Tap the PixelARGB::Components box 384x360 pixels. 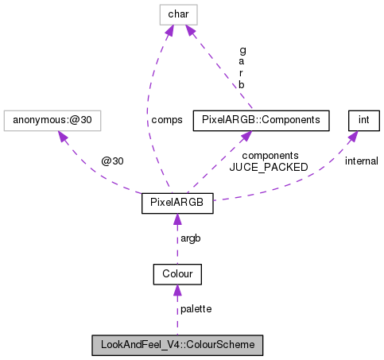tap(261, 120)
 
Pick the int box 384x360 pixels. tap(364, 120)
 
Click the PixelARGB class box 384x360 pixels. tap(177, 203)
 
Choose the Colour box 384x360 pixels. tap(177, 274)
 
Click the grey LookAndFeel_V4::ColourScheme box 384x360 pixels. tap(177, 346)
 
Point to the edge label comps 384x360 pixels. tap(166, 120)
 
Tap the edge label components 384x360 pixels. tap(270, 156)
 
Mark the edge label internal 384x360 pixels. tap(361, 161)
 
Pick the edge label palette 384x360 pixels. tap(196, 309)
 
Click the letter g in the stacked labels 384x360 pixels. tap(242, 49)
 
